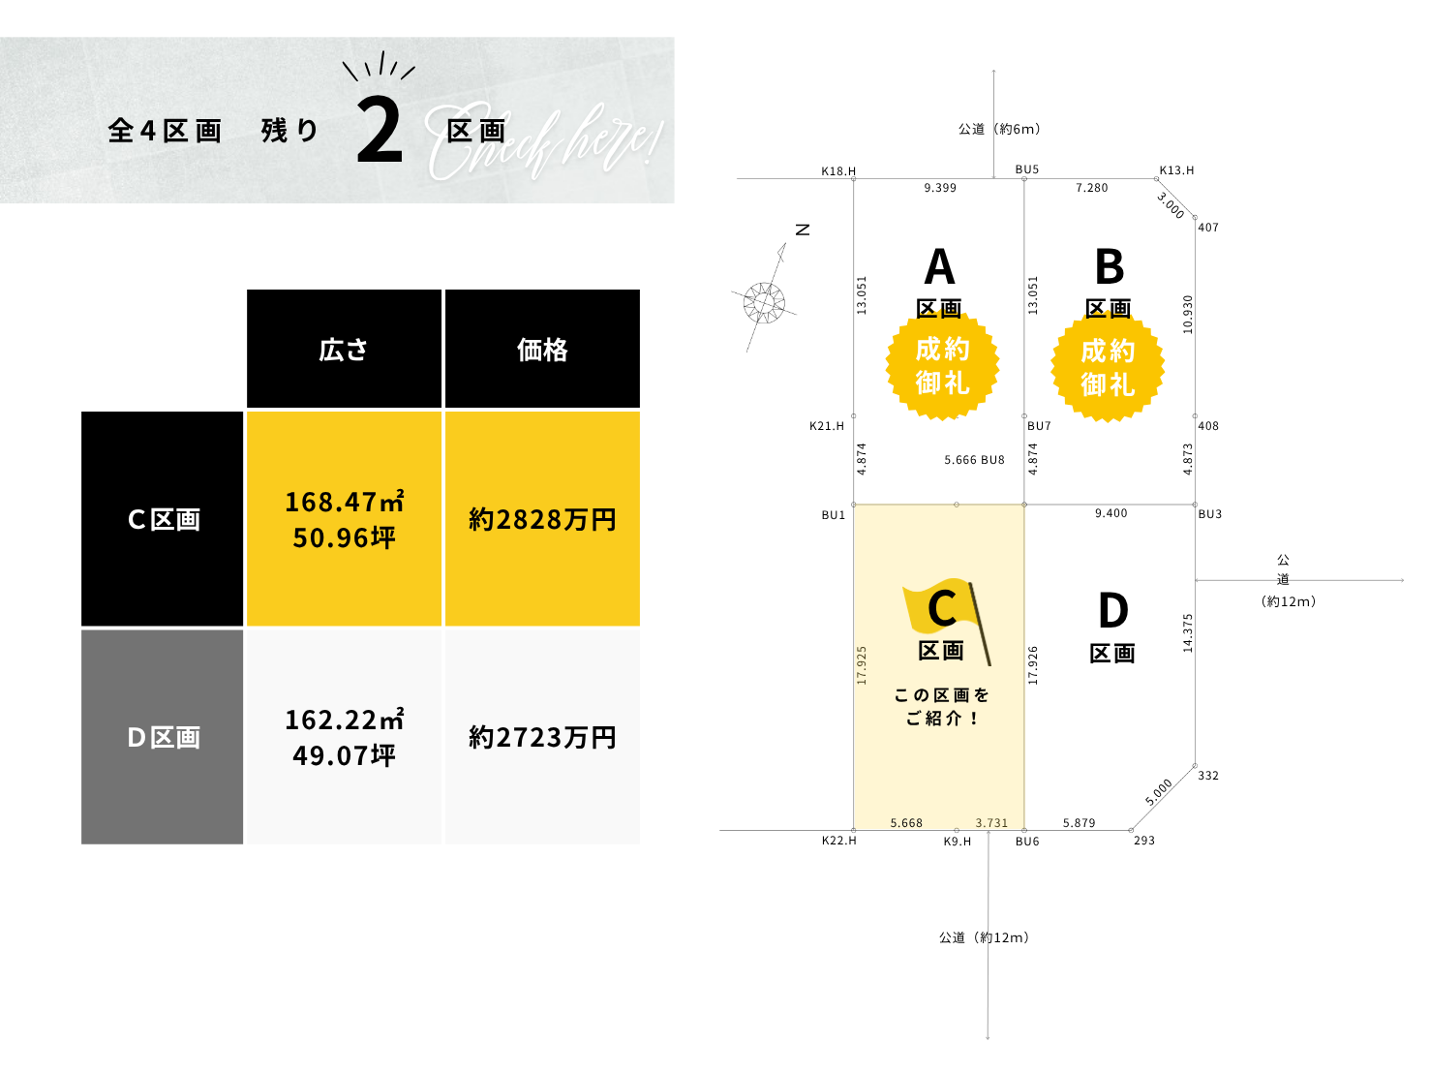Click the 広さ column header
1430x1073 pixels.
[x=344, y=350]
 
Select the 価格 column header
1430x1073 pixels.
[x=542, y=350]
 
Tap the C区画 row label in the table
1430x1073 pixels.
[x=163, y=520]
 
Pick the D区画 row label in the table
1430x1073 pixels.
[x=163, y=738]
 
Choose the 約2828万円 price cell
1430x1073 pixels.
[x=542, y=520]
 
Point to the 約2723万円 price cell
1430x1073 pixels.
[x=542, y=738]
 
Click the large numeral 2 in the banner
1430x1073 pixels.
[x=379, y=132]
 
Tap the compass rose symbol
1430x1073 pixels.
[x=764, y=302]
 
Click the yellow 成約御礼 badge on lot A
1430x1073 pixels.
[x=942, y=366]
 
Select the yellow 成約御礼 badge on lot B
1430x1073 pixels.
[x=1108, y=368]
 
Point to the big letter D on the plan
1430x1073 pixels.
[x=1113, y=611]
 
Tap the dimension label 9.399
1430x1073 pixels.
[x=940, y=188]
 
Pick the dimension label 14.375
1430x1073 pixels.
[x=1188, y=632]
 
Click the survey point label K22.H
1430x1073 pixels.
[x=838, y=841]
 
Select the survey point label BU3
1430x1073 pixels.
[x=1210, y=514]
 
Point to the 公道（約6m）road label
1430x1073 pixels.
[x=999, y=129]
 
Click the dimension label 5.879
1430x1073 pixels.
[x=1079, y=823]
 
